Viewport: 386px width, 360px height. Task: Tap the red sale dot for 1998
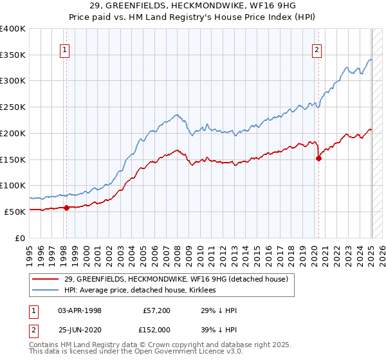point(66,207)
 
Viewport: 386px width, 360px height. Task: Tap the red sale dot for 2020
point(318,158)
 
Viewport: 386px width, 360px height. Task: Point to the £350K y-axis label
point(13,55)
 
